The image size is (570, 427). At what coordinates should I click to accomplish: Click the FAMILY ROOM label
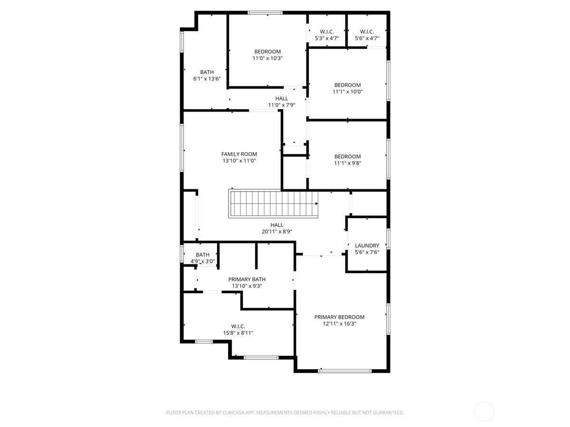coord(239,154)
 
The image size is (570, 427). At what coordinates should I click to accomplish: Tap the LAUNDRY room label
coord(367,245)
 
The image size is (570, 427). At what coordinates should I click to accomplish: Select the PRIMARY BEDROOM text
coord(339,317)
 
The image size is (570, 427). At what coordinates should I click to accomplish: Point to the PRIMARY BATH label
coord(247,279)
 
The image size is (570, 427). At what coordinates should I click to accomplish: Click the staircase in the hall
coord(273,204)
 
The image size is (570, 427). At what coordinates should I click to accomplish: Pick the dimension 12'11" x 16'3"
coord(339,324)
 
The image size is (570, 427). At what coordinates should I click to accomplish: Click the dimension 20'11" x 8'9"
coord(277,232)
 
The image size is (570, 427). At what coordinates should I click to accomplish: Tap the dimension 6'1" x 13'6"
coord(207,79)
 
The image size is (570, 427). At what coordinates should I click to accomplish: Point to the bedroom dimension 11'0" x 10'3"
coord(267,58)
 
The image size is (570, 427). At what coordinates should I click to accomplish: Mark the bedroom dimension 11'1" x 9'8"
coord(347,163)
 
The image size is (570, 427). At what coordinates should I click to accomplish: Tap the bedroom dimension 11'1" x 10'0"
coord(347,92)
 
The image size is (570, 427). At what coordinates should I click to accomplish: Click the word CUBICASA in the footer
coord(233,412)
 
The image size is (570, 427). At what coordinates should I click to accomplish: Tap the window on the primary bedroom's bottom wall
coord(345,371)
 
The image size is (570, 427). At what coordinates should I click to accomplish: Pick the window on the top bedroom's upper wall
coord(265,12)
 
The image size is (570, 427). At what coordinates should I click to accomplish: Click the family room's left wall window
coord(182,148)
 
